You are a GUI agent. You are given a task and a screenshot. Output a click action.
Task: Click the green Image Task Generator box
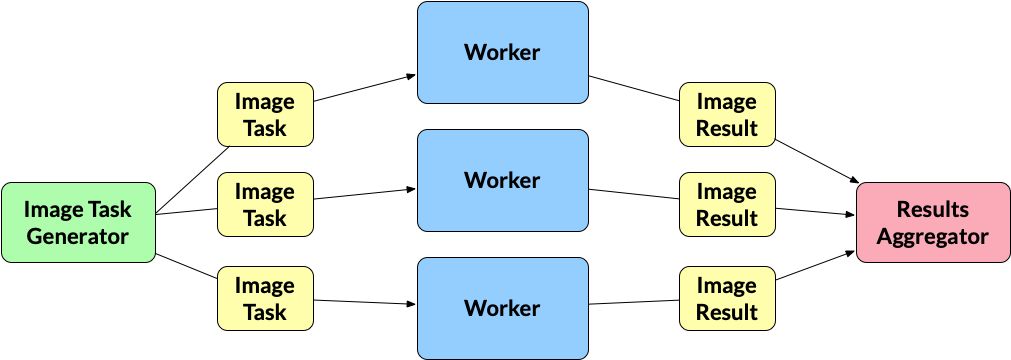click(78, 223)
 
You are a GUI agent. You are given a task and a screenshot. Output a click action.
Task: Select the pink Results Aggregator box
click(932, 223)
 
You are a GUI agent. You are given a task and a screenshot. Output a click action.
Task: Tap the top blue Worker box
click(502, 52)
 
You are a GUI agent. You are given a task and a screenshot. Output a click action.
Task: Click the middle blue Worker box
click(502, 180)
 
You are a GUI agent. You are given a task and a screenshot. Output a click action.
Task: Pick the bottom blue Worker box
click(502, 308)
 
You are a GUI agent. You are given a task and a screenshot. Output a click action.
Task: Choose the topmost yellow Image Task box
click(265, 115)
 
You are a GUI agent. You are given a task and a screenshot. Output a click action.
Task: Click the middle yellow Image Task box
click(265, 204)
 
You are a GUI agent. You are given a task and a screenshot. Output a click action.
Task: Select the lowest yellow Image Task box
click(265, 298)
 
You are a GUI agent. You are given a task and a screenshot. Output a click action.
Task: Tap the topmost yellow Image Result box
click(727, 115)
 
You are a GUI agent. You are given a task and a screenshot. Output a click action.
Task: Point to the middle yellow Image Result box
click(727, 204)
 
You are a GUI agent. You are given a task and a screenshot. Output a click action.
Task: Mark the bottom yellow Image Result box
click(727, 298)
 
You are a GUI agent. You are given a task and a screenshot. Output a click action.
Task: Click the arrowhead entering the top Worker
click(411, 75)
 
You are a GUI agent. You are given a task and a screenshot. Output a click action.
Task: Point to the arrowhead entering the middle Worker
click(411, 188)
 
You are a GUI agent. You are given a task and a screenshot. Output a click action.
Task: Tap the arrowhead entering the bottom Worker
click(411, 303)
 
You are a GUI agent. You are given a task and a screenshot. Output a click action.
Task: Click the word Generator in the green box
click(78, 237)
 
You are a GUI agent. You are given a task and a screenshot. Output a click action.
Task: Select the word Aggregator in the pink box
click(932, 237)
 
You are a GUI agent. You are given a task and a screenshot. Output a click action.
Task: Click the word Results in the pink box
click(932, 210)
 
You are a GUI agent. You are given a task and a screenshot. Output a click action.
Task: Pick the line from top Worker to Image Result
click(633, 88)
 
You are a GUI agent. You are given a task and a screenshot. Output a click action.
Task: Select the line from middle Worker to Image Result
click(633, 194)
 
